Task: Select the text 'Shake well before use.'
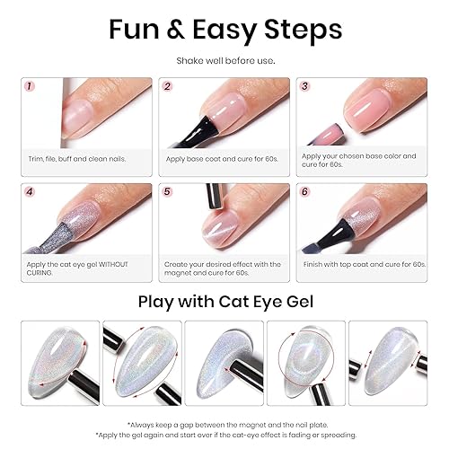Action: [x=224, y=62]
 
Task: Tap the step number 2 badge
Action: [x=167, y=87]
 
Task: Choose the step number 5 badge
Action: [x=167, y=192]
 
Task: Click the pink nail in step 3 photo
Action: [x=368, y=112]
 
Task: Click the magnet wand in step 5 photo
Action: [x=216, y=202]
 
